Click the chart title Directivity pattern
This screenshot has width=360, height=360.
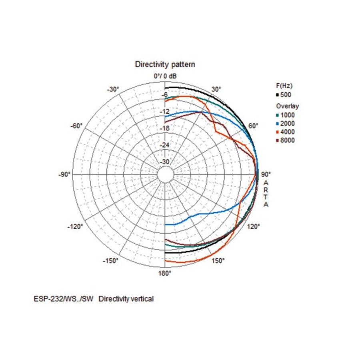[165, 64]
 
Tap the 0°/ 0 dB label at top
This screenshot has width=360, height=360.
[165, 76]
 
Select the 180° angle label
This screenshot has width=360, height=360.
[165, 273]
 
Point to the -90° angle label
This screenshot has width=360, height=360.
[65, 175]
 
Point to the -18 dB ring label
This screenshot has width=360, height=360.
[165, 128]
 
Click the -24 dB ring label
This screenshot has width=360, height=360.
[165, 145]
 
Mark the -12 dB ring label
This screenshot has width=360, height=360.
[165, 112]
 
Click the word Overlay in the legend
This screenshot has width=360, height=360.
[287, 106]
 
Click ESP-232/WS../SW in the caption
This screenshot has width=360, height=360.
[64, 299]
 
